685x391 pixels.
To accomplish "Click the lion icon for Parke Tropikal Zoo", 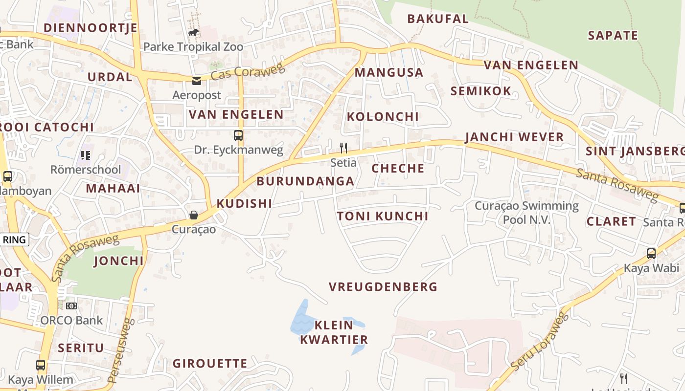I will [x=193, y=33].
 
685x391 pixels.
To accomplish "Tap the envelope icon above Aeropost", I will [x=197, y=81].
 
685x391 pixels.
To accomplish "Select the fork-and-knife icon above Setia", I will [x=343, y=148].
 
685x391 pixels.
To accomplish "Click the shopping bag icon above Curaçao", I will [x=194, y=215].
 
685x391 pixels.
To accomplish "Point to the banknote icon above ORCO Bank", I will [x=71, y=306].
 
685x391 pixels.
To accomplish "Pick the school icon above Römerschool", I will [x=86, y=155].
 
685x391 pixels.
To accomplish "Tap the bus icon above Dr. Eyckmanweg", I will [x=238, y=135].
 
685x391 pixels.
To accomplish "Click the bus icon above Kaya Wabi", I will [x=651, y=254].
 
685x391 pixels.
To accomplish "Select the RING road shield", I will [x=14, y=239].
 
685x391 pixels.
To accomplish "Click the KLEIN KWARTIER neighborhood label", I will [x=334, y=332].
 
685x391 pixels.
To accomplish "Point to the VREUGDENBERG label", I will [x=383, y=287].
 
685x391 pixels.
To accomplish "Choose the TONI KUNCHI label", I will [x=383, y=216].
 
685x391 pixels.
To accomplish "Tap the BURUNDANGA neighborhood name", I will [x=305, y=181].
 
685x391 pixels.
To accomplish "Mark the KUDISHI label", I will [x=244, y=204].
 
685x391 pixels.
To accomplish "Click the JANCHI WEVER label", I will [x=514, y=137].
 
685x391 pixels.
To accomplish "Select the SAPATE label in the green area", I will [x=613, y=36].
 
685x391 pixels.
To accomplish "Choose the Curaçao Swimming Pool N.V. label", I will [x=526, y=213].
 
